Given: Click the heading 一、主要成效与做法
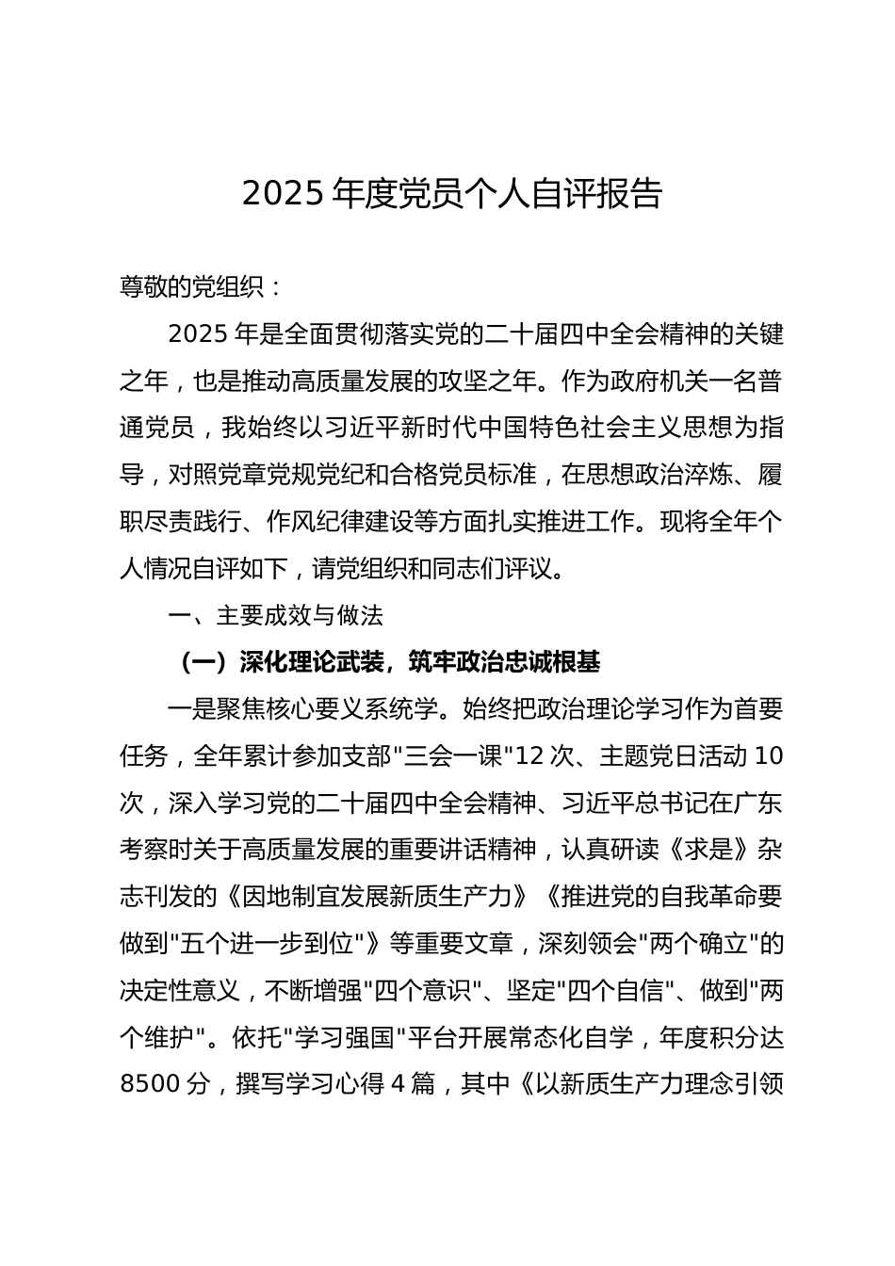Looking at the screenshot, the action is pos(275,616).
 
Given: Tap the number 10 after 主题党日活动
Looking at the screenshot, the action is pos(769,756).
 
